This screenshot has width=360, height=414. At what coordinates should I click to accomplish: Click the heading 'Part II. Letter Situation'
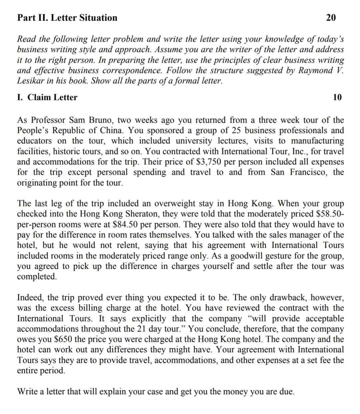(x=67, y=18)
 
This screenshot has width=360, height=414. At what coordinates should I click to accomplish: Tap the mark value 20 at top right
(x=331, y=18)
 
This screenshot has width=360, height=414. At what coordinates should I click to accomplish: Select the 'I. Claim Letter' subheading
(x=47, y=97)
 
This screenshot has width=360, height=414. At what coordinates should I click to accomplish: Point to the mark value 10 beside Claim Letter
(x=337, y=97)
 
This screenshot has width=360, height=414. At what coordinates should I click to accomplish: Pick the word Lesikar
(x=29, y=81)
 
